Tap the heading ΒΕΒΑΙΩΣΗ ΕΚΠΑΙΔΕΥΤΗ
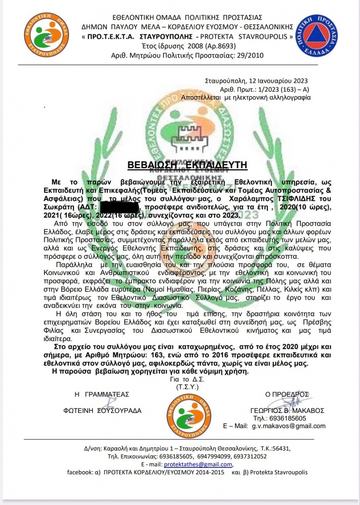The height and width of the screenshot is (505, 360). point(188,165)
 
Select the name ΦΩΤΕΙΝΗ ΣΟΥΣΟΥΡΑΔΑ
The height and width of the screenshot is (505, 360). point(102,411)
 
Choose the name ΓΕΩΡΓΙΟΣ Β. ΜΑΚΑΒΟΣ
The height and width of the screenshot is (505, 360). point(286,411)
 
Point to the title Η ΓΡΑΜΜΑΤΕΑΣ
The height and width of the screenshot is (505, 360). point(102,394)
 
